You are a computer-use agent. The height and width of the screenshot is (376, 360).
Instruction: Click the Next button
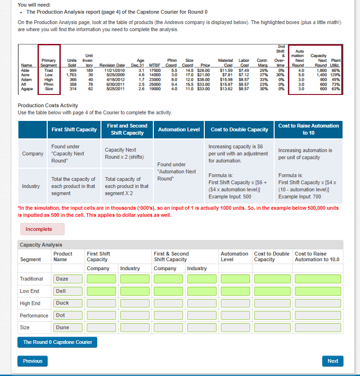[333, 361]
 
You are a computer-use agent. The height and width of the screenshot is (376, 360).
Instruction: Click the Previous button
[33, 361]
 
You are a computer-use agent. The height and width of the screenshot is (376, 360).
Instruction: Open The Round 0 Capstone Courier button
[58, 342]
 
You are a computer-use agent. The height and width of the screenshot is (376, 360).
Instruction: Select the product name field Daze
[68, 279]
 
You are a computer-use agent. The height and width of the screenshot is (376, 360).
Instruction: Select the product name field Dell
[68, 291]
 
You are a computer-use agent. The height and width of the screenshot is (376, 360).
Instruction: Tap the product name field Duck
[68, 303]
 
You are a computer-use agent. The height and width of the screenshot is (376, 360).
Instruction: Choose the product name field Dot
[68, 315]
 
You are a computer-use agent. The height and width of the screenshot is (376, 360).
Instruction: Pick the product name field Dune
[68, 327]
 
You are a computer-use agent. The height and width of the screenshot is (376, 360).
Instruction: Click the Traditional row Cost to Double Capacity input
[273, 279]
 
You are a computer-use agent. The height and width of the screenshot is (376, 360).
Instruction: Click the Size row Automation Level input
[234, 327]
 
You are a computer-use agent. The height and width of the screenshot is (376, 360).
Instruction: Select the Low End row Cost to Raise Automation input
[317, 291]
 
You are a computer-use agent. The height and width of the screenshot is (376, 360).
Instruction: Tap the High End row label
[30, 303]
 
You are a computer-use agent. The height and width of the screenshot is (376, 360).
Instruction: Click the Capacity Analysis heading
[41, 245]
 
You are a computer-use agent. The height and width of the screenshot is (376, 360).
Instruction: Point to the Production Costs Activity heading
[48, 105]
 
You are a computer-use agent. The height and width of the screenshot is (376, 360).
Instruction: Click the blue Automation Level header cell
[179, 129]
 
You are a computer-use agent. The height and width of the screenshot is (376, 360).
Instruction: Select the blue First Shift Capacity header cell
[74, 129]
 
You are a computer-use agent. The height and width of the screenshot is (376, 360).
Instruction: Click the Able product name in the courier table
[26, 70]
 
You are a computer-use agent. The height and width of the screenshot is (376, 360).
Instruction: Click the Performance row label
[34, 316]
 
